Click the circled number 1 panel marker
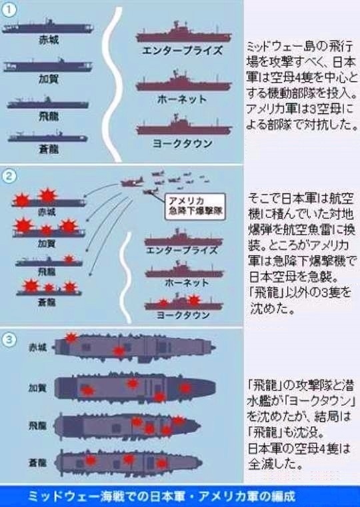coord(9,11)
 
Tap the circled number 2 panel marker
coord(9,177)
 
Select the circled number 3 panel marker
coord(9,340)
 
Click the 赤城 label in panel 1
coord(49,40)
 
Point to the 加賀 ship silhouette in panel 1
coord(48,66)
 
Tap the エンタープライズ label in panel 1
coord(183,50)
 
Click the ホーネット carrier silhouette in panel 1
coord(183,82)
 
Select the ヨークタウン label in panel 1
coord(183,143)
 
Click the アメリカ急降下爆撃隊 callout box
coord(195,207)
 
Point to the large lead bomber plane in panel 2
coord(132,182)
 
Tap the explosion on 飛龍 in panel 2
coord(69,258)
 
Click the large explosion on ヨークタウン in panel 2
coord(193,300)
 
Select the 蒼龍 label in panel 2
coord(47,302)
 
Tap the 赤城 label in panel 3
coord(38,348)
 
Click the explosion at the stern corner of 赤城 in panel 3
coord(71,338)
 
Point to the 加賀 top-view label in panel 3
coord(37,388)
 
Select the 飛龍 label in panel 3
coord(37,426)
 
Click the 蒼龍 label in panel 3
coord(37,463)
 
